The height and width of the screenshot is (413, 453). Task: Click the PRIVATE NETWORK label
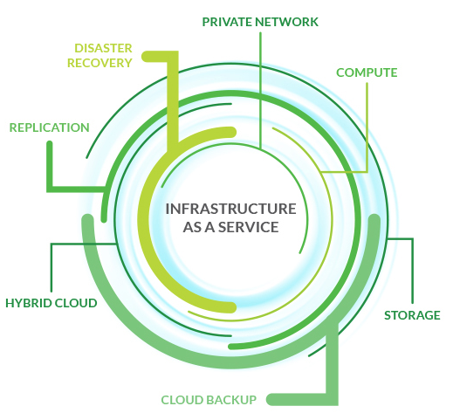point(260,22)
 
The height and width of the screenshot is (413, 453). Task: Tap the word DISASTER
point(103,48)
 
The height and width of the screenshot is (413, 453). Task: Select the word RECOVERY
point(100,63)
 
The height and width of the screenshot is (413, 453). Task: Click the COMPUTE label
point(367,72)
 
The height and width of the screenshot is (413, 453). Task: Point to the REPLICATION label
point(50,127)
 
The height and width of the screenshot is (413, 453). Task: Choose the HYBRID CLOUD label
point(51,303)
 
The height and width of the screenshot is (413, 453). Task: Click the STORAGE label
point(412,315)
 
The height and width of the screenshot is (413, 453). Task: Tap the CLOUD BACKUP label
point(209,400)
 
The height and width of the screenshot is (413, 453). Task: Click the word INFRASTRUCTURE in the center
point(230,209)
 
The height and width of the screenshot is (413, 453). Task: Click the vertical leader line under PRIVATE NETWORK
point(261,91)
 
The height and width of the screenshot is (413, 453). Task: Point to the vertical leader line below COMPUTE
point(367,127)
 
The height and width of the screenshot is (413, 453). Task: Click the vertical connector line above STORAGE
point(412,271)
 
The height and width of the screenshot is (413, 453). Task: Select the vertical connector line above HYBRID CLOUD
point(51,268)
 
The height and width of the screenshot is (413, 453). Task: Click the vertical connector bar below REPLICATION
point(50,166)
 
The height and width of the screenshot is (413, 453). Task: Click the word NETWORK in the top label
point(286,22)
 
